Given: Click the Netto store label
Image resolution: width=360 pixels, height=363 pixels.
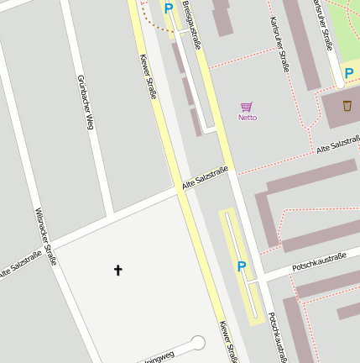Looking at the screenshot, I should pyautogui.click(x=247, y=118).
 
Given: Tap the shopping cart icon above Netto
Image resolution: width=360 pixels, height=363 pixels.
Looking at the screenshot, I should pyautogui.click(x=247, y=107).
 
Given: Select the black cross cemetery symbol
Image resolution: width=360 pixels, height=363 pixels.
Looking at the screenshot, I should pyautogui.click(x=117, y=270).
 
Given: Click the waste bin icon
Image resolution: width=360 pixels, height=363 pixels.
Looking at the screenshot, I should pyautogui.click(x=347, y=107).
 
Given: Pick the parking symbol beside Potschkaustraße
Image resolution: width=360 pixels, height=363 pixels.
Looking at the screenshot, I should pyautogui.click(x=242, y=266).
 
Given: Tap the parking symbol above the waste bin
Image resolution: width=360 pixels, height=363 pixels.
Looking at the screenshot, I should pyautogui.click(x=348, y=74).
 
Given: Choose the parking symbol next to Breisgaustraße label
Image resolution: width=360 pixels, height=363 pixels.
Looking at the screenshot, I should pyautogui.click(x=169, y=9).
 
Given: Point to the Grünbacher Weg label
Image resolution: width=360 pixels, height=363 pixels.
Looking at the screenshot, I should pyautogui.click(x=85, y=102).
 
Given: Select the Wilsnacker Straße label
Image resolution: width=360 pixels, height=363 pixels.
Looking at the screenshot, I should pyautogui.click(x=45, y=236).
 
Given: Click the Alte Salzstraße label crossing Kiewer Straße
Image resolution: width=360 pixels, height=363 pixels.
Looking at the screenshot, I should pyautogui.click(x=205, y=178).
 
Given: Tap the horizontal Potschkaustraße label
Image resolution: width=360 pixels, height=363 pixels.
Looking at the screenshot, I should pyautogui.click(x=319, y=261).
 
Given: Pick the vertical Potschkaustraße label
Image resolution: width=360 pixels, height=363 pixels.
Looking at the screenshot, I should pyautogui.click(x=276, y=336).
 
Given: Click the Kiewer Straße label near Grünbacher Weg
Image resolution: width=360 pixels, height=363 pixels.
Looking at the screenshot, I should pyautogui.click(x=147, y=76).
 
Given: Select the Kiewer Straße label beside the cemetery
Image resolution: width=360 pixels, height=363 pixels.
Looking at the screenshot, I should pyautogui.click(x=227, y=341).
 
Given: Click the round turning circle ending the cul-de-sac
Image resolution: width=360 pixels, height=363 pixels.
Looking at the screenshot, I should pyautogui.click(x=198, y=343).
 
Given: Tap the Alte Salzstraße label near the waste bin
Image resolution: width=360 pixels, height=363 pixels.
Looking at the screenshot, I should pyautogui.click(x=337, y=146).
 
